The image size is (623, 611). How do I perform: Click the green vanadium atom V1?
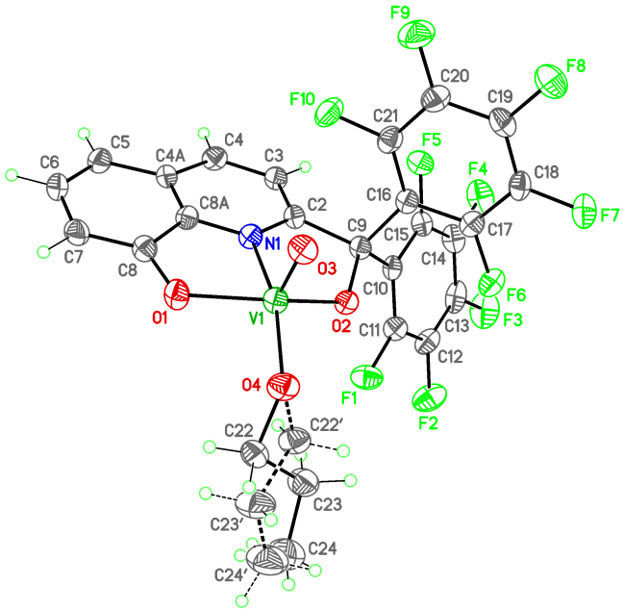point(275,301)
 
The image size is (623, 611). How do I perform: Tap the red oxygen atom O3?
point(304,249)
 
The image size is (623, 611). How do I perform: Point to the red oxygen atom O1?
point(176,294)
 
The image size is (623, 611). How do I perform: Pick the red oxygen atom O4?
point(284,387)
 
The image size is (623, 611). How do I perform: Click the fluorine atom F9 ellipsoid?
point(416,34)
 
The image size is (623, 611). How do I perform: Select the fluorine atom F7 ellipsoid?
point(585,211)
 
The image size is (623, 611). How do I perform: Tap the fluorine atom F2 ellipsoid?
point(430,397)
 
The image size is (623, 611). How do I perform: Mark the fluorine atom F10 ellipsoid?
point(329,112)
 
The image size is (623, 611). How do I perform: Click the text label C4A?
point(171,156)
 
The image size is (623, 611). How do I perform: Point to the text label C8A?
point(215,204)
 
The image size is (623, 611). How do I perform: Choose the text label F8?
point(576,66)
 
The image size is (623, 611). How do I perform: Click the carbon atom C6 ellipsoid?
point(58,187)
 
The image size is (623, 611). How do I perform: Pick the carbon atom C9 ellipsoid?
point(360,246)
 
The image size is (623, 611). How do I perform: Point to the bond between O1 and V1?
point(226,297)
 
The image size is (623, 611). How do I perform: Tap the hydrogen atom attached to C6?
point(12,174)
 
